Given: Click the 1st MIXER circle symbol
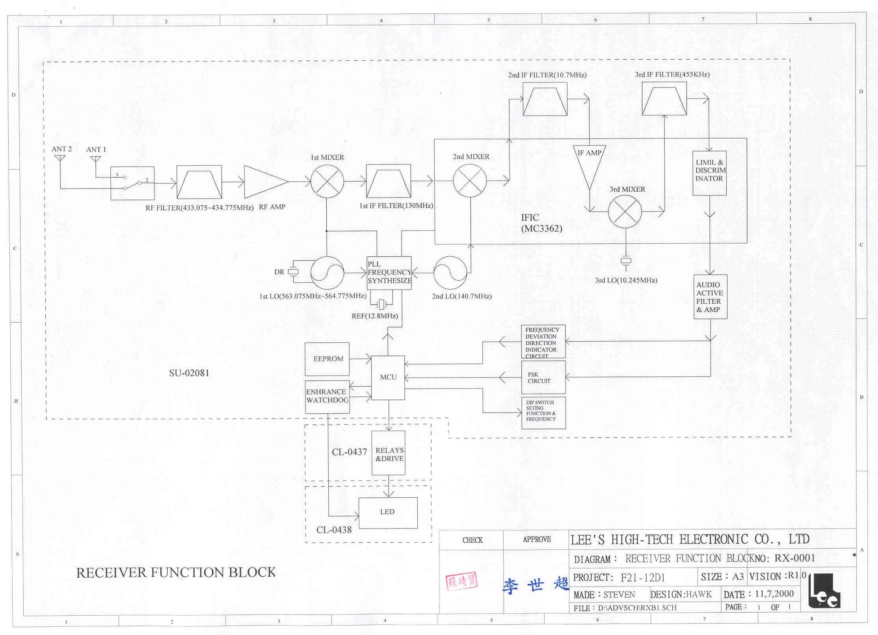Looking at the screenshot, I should (327, 181).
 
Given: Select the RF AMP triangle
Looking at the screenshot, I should (264, 182).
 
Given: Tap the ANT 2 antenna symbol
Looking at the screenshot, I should (60, 158).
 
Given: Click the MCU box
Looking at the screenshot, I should (388, 377).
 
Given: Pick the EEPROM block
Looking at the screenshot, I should (327, 359).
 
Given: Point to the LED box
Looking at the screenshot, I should (388, 512).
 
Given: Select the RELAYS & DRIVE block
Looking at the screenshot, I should (389, 454).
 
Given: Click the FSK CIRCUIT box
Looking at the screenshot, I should (543, 377).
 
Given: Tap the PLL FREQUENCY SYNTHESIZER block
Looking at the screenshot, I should (389, 273).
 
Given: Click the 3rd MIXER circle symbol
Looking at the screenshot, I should (625, 212).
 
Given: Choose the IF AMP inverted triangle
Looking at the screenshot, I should (590, 166).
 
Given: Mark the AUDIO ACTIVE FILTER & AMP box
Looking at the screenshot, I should (710, 297).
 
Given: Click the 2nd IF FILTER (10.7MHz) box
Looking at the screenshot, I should (545, 99).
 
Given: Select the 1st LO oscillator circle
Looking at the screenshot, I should (327, 273).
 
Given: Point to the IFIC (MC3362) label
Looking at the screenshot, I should (541, 223).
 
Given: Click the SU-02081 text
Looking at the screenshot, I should (189, 373).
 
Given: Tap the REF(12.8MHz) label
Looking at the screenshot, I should (375, 316).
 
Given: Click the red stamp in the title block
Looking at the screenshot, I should (461, 581).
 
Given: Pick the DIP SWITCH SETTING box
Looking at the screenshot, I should (543, 413).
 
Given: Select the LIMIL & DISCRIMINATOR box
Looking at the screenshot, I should (709, 173).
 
